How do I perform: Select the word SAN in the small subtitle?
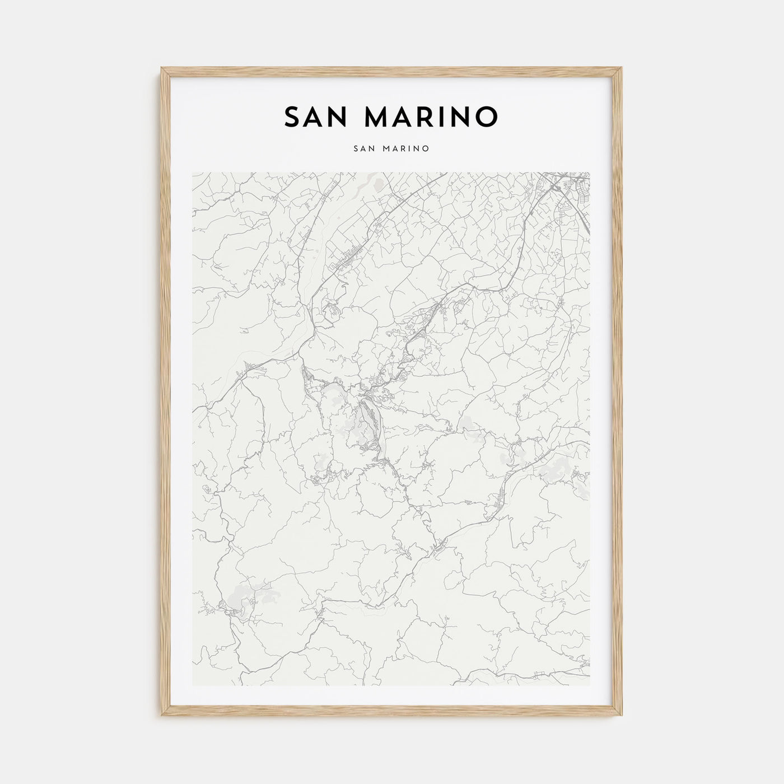(x=363, y=149)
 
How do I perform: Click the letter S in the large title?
(x=293, y=116)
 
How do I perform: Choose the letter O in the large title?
(x=486, y=116)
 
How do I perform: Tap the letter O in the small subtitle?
(x=426, y=149)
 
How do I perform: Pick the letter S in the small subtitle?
(x=356, y=149)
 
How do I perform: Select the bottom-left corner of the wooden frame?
(x=161, y=717)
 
